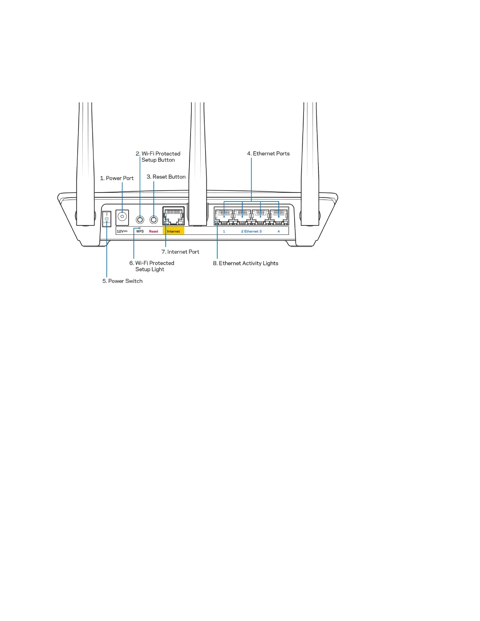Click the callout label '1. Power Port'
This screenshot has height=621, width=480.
tap(117, 178)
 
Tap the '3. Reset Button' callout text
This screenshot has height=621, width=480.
tap(166, 177)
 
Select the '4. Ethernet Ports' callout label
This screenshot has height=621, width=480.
tap(268, 154)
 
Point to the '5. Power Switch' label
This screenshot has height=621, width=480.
tap(122, 281)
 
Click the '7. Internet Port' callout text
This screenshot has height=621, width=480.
tap(180, 252)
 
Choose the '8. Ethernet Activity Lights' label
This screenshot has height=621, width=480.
tap(245, 263)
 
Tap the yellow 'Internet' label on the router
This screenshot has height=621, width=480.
tap(173, 231)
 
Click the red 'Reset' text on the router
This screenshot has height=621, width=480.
tap(154, 231)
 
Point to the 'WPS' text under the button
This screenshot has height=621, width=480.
tap(140, 231)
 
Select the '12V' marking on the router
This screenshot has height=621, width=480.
tap(122, 231)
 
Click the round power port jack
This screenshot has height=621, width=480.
tap(122, 217)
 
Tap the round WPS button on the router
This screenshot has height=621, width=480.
tap(140, 220)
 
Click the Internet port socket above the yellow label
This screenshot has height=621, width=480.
tap(173, 216)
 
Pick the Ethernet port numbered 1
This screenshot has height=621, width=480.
tap(224, 216)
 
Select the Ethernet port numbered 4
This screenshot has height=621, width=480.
tap(279, 216)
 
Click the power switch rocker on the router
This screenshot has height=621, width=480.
tap(107, 219)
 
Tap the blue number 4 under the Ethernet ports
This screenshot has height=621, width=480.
tap(279, 231)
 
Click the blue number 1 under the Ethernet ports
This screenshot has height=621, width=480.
tap(224, 231)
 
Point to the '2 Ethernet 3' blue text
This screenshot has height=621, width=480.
tap(251, 231)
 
